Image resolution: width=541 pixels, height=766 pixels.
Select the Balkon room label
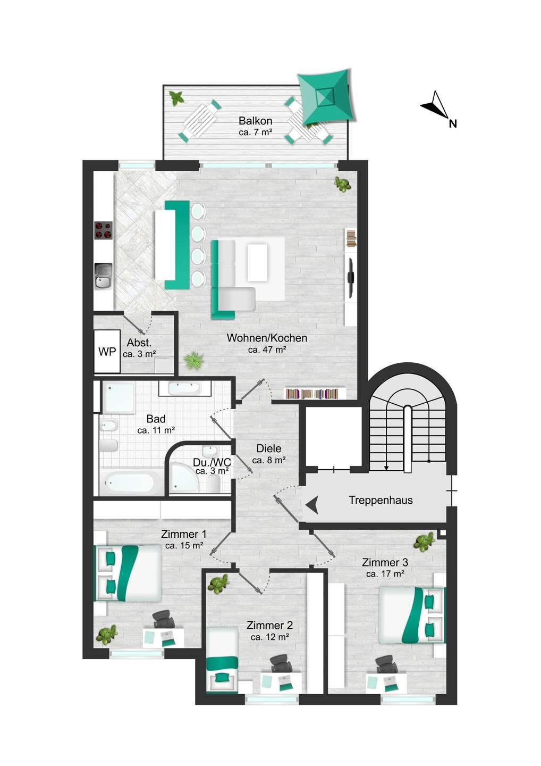tap(255, 121)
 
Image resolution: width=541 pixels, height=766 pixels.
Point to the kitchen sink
tap(104, 276)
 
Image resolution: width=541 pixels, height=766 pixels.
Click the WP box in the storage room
tap(107, 351)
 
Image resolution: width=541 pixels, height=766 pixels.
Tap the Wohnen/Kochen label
tap(267, 338)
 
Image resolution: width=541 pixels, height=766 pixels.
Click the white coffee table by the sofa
tap(258, 262)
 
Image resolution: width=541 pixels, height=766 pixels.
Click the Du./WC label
tap(212, 463)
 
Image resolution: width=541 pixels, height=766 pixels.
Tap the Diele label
tap(269, 448)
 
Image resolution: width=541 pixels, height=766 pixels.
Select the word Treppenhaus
tap(381, 500)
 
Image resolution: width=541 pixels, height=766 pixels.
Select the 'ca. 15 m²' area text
tap(184, 545)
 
